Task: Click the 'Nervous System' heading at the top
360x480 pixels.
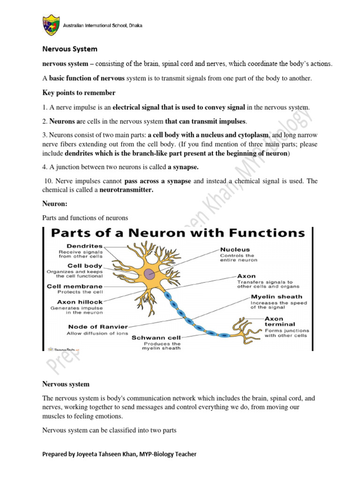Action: tap(70, 48)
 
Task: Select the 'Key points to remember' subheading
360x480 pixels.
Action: tap(78, 93)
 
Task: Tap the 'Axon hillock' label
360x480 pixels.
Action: tap(79, 302)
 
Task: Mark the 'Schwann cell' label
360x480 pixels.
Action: tap(155, 337)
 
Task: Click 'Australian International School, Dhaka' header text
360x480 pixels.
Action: tap(103, 25)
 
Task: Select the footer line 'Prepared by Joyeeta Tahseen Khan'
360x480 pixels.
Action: tap(120, 454)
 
